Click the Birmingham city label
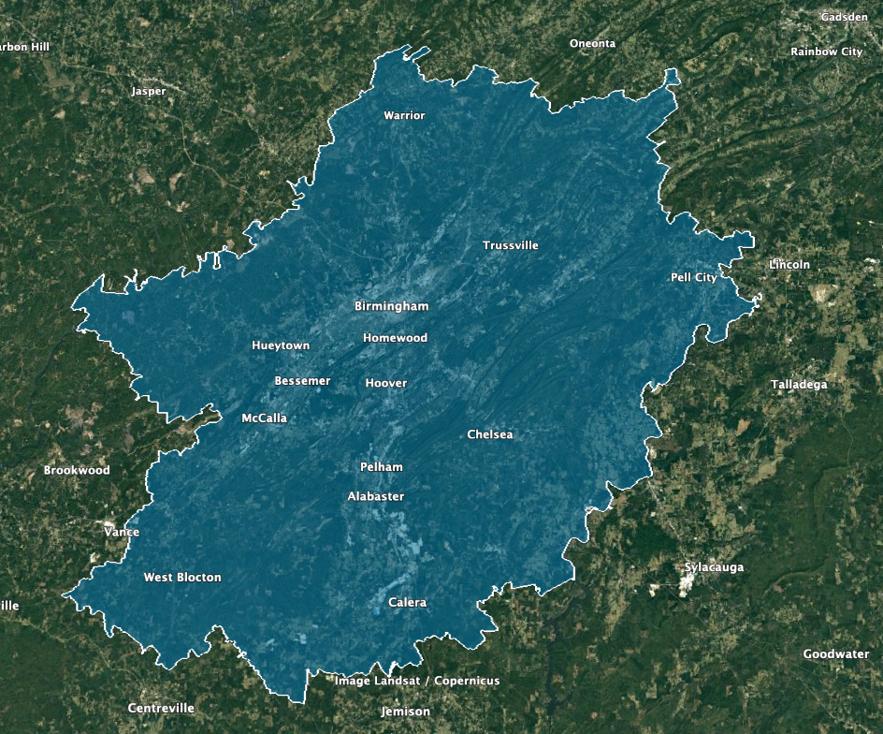click(391, 306)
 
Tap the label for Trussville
click(511, 245)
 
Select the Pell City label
click(694, 277)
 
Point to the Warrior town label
click(404, 115)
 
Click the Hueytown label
click(281, 345)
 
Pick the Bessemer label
click(302, 381)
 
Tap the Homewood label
click(395, 338)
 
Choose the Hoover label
click(386, 383)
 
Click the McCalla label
click(265, 418)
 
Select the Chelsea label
click(490, 434)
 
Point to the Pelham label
click(381, 466)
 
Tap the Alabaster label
click(376, 496)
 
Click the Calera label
click(407, 603)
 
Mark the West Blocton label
click(182, 578)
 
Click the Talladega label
click(799, 385)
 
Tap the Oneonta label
click(593, 44)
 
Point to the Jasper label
click(149, 92)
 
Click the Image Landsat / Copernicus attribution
click(417, 681)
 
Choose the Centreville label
click(161, 708)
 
